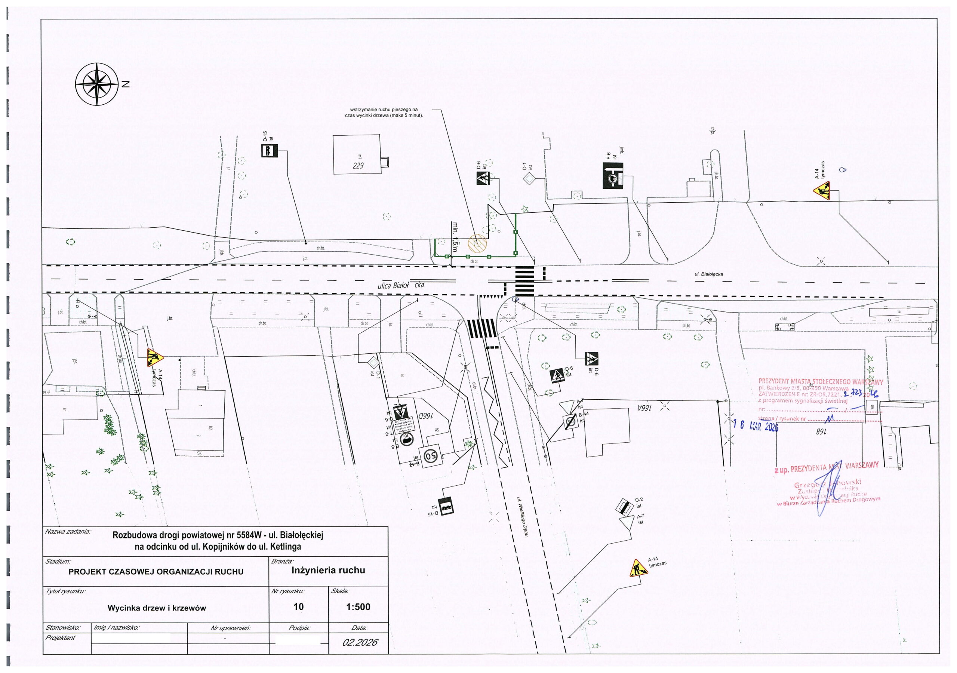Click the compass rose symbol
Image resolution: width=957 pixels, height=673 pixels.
(x=97, y=84)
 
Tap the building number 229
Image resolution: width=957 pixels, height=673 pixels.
(x=358, y=166)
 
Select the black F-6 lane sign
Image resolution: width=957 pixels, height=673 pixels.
(x=613, y=176)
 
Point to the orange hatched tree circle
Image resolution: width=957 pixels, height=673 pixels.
(x=477, y=243)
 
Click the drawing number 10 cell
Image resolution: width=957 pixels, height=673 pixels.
(x=298, y=607)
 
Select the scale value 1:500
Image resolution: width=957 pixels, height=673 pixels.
(x=358, y=607)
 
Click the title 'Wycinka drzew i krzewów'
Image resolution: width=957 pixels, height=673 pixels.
(x=157, y=608)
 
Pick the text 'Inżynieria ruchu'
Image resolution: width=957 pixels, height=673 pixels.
(x=328, y=571)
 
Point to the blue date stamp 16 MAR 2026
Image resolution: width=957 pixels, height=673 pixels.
(x=755, y=426)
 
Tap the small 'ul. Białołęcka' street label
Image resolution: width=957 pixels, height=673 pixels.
(x=708, y=274)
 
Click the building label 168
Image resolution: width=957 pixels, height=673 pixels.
(x=821, y=432)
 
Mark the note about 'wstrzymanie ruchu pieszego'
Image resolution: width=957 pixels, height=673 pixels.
(x=384, y=113)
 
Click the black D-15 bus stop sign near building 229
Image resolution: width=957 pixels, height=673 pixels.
(x=269, y=151)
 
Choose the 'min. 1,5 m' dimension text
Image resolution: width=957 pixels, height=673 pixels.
(x=455, y=236)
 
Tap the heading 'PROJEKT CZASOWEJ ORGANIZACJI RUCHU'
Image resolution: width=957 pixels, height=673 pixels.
(x=156, y=572)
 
